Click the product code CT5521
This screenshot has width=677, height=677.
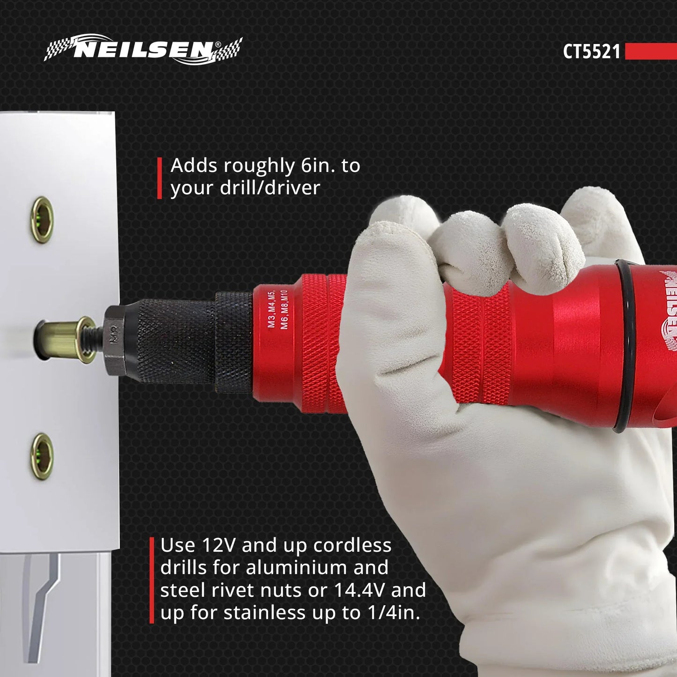tap(591, 52)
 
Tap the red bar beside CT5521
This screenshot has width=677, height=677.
tap(650, 52)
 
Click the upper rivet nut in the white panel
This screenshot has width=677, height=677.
tap(43, 220)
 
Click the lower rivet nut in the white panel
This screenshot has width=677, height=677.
tap(43, 456)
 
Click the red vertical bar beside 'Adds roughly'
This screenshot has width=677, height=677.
tap(159, 178)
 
